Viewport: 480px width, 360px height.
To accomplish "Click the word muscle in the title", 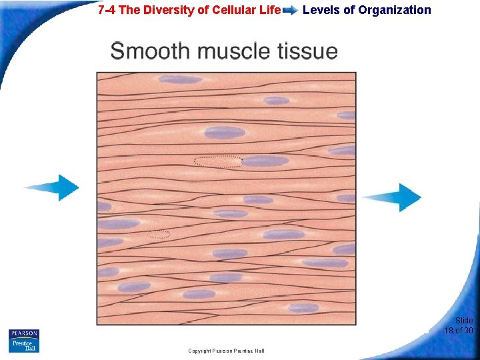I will click(x=220, y=51).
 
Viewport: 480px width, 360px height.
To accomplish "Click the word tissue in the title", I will click(x=303, y=51).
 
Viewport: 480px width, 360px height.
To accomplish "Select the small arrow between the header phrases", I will click(x=291, y=11).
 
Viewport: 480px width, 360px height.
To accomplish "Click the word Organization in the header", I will click(x=395, y=10).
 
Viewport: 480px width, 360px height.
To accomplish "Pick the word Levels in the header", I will click(x=321, y=10).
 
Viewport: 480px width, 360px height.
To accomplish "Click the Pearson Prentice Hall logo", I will click(x=24, y=341).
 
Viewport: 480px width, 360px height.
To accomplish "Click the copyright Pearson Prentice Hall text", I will click(x=226, y=351).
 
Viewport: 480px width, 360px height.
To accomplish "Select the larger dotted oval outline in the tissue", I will click(x=217, y=161).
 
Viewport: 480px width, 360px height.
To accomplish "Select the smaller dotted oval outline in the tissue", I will click(x=159, y=234).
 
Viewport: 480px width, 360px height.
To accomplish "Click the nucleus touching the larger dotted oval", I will click(x=265, y=161).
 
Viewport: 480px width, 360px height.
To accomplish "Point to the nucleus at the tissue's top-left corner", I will click(x=180, y=79).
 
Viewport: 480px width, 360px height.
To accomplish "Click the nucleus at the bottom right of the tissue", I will click(x=303, y=308).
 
